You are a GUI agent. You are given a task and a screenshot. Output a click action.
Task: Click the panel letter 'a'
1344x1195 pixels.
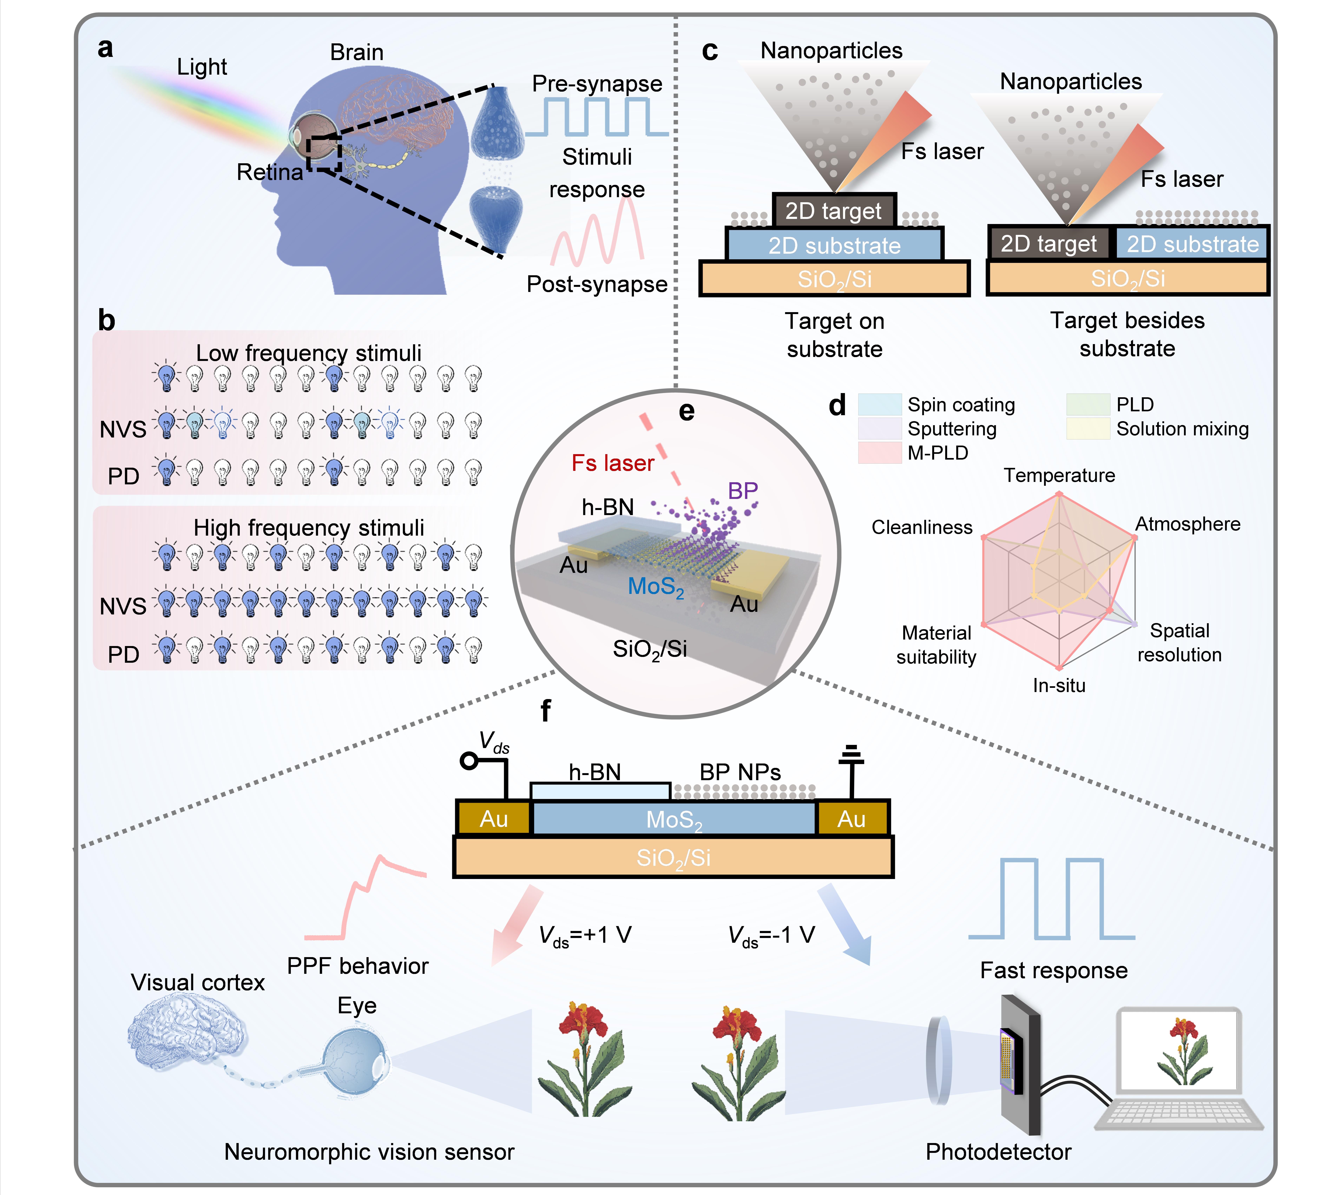(105, 49)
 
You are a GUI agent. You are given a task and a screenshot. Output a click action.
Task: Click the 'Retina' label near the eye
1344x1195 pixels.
(270, 172)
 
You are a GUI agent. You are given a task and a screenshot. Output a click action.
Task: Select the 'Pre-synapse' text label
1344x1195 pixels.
(597, 84)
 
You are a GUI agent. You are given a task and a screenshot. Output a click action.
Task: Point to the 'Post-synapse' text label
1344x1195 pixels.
(597, 284)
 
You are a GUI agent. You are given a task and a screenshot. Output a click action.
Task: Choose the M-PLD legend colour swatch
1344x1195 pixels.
(879, 453)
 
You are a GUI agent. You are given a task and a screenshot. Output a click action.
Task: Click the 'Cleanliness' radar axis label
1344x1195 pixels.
(922, 527)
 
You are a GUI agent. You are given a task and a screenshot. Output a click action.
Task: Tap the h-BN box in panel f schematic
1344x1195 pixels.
(600, 790)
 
